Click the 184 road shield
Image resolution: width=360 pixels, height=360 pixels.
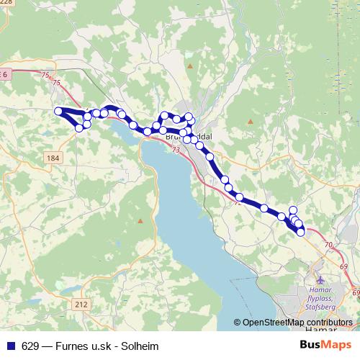(53, 158)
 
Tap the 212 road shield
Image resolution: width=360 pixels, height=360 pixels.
(81, 305)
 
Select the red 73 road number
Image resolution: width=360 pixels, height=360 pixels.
(176, 150)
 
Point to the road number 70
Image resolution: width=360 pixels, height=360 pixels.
(328, 246)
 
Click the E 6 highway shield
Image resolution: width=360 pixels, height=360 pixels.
(5, 74)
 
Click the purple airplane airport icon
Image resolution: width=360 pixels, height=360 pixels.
(320, 279)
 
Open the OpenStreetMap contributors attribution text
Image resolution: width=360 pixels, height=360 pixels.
(297, 323)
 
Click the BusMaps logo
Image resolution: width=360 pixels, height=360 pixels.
(325, 344)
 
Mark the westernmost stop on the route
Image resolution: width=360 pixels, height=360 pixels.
(58, 111)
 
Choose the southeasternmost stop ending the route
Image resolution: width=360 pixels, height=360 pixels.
(300, 232)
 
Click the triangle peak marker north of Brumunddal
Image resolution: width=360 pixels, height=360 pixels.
(189, 66)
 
